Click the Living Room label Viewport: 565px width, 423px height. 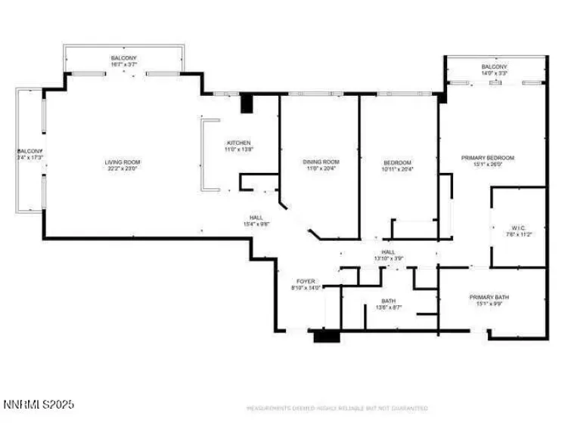point(123,162)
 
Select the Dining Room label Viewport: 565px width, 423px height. point(321,162)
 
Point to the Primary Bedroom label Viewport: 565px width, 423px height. point(488,158)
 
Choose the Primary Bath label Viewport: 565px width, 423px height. point(488,298)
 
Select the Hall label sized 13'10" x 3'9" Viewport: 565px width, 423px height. point(388,252)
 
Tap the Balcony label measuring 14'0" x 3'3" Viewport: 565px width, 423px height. point(495,67)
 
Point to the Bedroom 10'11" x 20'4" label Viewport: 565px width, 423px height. point(397,163)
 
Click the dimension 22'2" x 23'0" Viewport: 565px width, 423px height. point(123,168)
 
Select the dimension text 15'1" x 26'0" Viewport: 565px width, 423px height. point(488,164)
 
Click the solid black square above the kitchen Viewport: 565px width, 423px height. point(245,103)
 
